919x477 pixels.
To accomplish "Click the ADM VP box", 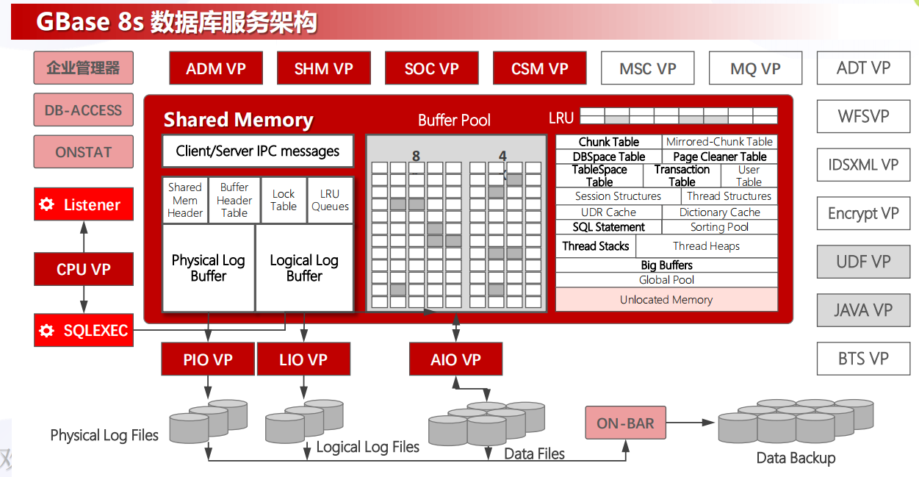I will click(x=215, y=68).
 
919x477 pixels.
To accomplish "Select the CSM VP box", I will click(x=539, y=68).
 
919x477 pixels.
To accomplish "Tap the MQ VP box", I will click(x=754, y=68).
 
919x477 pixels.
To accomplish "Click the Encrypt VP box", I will click(x=863, y=213).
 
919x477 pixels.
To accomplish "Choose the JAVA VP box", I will click(x=863, y=310).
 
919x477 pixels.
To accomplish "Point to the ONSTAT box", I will click(x=84, y=152).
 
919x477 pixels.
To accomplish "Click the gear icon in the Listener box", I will click(x=47, y=204).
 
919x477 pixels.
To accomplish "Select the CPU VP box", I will click(x=84, y=269).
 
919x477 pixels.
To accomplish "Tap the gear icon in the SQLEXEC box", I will click(x=47, y=331).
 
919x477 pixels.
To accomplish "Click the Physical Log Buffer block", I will click(x=208, y=268).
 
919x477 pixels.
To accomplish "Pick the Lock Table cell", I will click(x=284, y=200).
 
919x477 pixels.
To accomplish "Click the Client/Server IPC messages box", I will click(x=257, y=151).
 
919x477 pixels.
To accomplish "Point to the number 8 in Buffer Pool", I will click(x=416, y=156).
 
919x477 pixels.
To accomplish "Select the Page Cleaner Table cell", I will click(x=719, y=157).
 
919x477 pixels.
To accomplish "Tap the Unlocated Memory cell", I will click(x=666, y=300).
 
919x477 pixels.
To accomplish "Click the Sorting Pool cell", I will click(x=719, y=227).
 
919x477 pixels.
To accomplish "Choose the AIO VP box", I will click(x=455, y=360).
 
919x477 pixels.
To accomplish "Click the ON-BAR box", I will click(x=625, y=423).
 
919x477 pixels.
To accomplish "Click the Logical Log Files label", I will click(x=367, y=447).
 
